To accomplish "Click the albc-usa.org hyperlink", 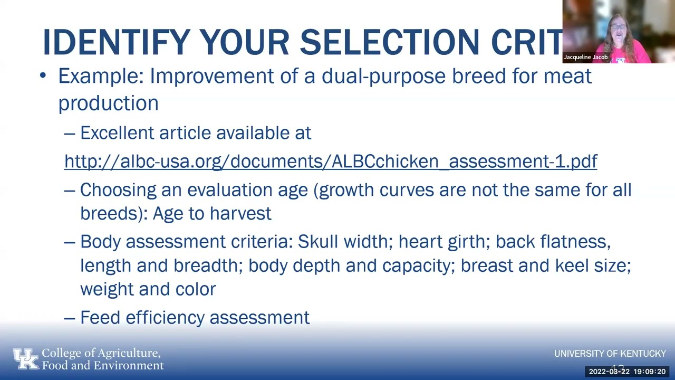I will coord(331,161).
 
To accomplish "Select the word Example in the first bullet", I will coord(100,76).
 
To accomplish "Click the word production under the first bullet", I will coord(108,103).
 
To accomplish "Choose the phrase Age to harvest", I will coord(212,213).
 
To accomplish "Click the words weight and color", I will coord(148,289).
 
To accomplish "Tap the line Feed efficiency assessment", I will coord(195,317).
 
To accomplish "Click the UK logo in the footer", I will coord(26,359).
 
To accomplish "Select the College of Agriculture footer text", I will coord(102,359).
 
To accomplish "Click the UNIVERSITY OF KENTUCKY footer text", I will coord(610,354).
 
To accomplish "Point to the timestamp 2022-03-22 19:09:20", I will coord(627,372).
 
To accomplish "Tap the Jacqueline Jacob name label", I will coord(585,57).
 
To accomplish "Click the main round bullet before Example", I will coord(43,77).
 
